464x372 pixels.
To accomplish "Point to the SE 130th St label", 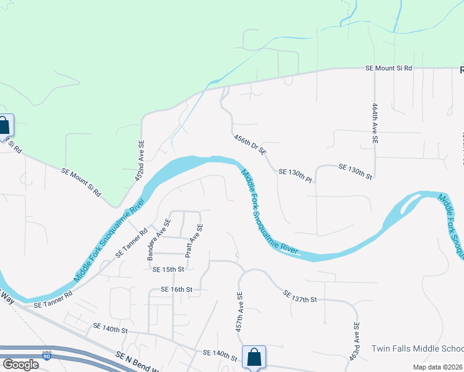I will click(x=355, y=172).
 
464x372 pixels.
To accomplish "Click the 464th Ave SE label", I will click(x=375, y=123).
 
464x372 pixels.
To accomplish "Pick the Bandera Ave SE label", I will click(x=158, y=239).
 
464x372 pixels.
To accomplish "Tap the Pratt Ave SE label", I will click(x=192, y=241).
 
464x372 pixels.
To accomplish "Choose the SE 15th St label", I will click(x=168, y=269).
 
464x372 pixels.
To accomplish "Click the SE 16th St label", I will click(x=177, y=289).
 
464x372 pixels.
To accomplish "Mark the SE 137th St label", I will click(x=300, y=296).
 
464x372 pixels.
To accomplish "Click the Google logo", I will click(x=20, y=365).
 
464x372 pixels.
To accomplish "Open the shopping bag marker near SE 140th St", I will click(x=254, y=356).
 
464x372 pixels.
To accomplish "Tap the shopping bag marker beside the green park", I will click(x=4, y=126).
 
